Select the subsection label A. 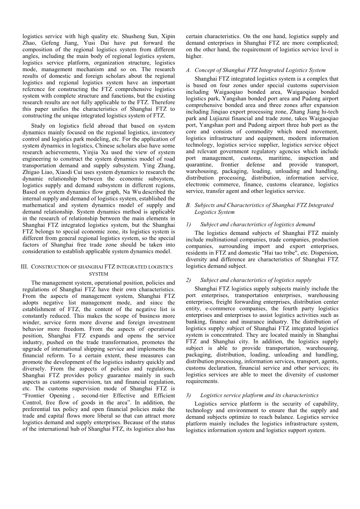188,70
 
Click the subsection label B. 188,205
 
